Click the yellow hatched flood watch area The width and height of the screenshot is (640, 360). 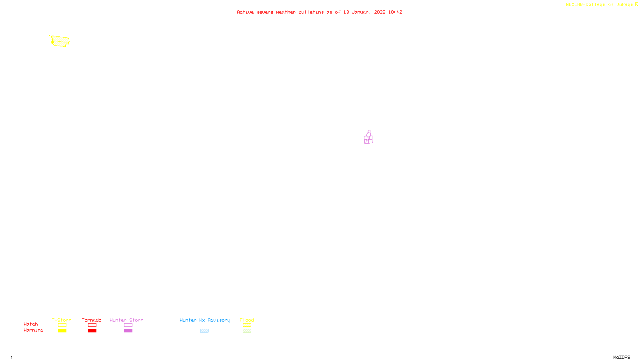60,41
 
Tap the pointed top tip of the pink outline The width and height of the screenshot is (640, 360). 370,130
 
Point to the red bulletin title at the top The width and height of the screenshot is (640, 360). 319,12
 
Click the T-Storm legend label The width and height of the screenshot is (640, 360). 62,320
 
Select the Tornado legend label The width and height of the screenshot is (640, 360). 92,320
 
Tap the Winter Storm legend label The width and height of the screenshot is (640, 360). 126,320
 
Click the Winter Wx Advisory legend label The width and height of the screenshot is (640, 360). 205,320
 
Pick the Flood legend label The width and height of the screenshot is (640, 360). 247,320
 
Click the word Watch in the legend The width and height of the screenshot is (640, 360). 31,324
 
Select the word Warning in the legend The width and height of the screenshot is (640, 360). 33,330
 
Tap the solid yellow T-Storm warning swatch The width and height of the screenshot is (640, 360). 62,331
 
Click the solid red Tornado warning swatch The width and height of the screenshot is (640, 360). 92,331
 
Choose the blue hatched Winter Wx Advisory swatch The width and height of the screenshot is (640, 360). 204,331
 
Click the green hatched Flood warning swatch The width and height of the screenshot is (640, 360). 247,331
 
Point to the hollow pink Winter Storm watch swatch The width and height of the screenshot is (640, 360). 128,325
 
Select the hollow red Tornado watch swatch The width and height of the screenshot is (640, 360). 92,325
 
